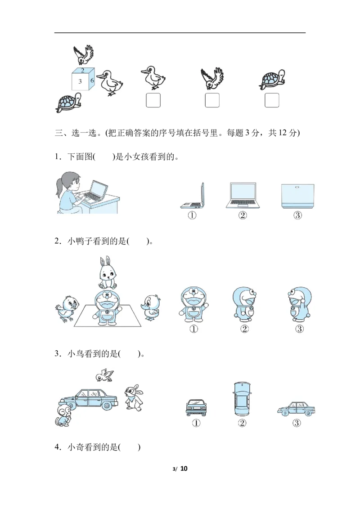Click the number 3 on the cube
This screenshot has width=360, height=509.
pos(80,81)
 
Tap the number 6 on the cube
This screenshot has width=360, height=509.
pos(92,80)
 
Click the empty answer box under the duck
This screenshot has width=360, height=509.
pos(153,100)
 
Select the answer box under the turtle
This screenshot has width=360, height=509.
pos(272,100)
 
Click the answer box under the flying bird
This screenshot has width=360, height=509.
pos(212,100)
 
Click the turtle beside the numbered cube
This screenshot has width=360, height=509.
pos(68,103)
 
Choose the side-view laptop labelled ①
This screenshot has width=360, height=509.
pos(193,196)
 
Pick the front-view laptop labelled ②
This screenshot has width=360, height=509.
pos(243,196)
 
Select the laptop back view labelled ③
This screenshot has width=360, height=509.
pos(297,196)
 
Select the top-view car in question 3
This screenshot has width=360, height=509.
pos(242,399)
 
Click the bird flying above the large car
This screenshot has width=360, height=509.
pos(104,375)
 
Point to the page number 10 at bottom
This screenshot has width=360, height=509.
pos(184,469)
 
